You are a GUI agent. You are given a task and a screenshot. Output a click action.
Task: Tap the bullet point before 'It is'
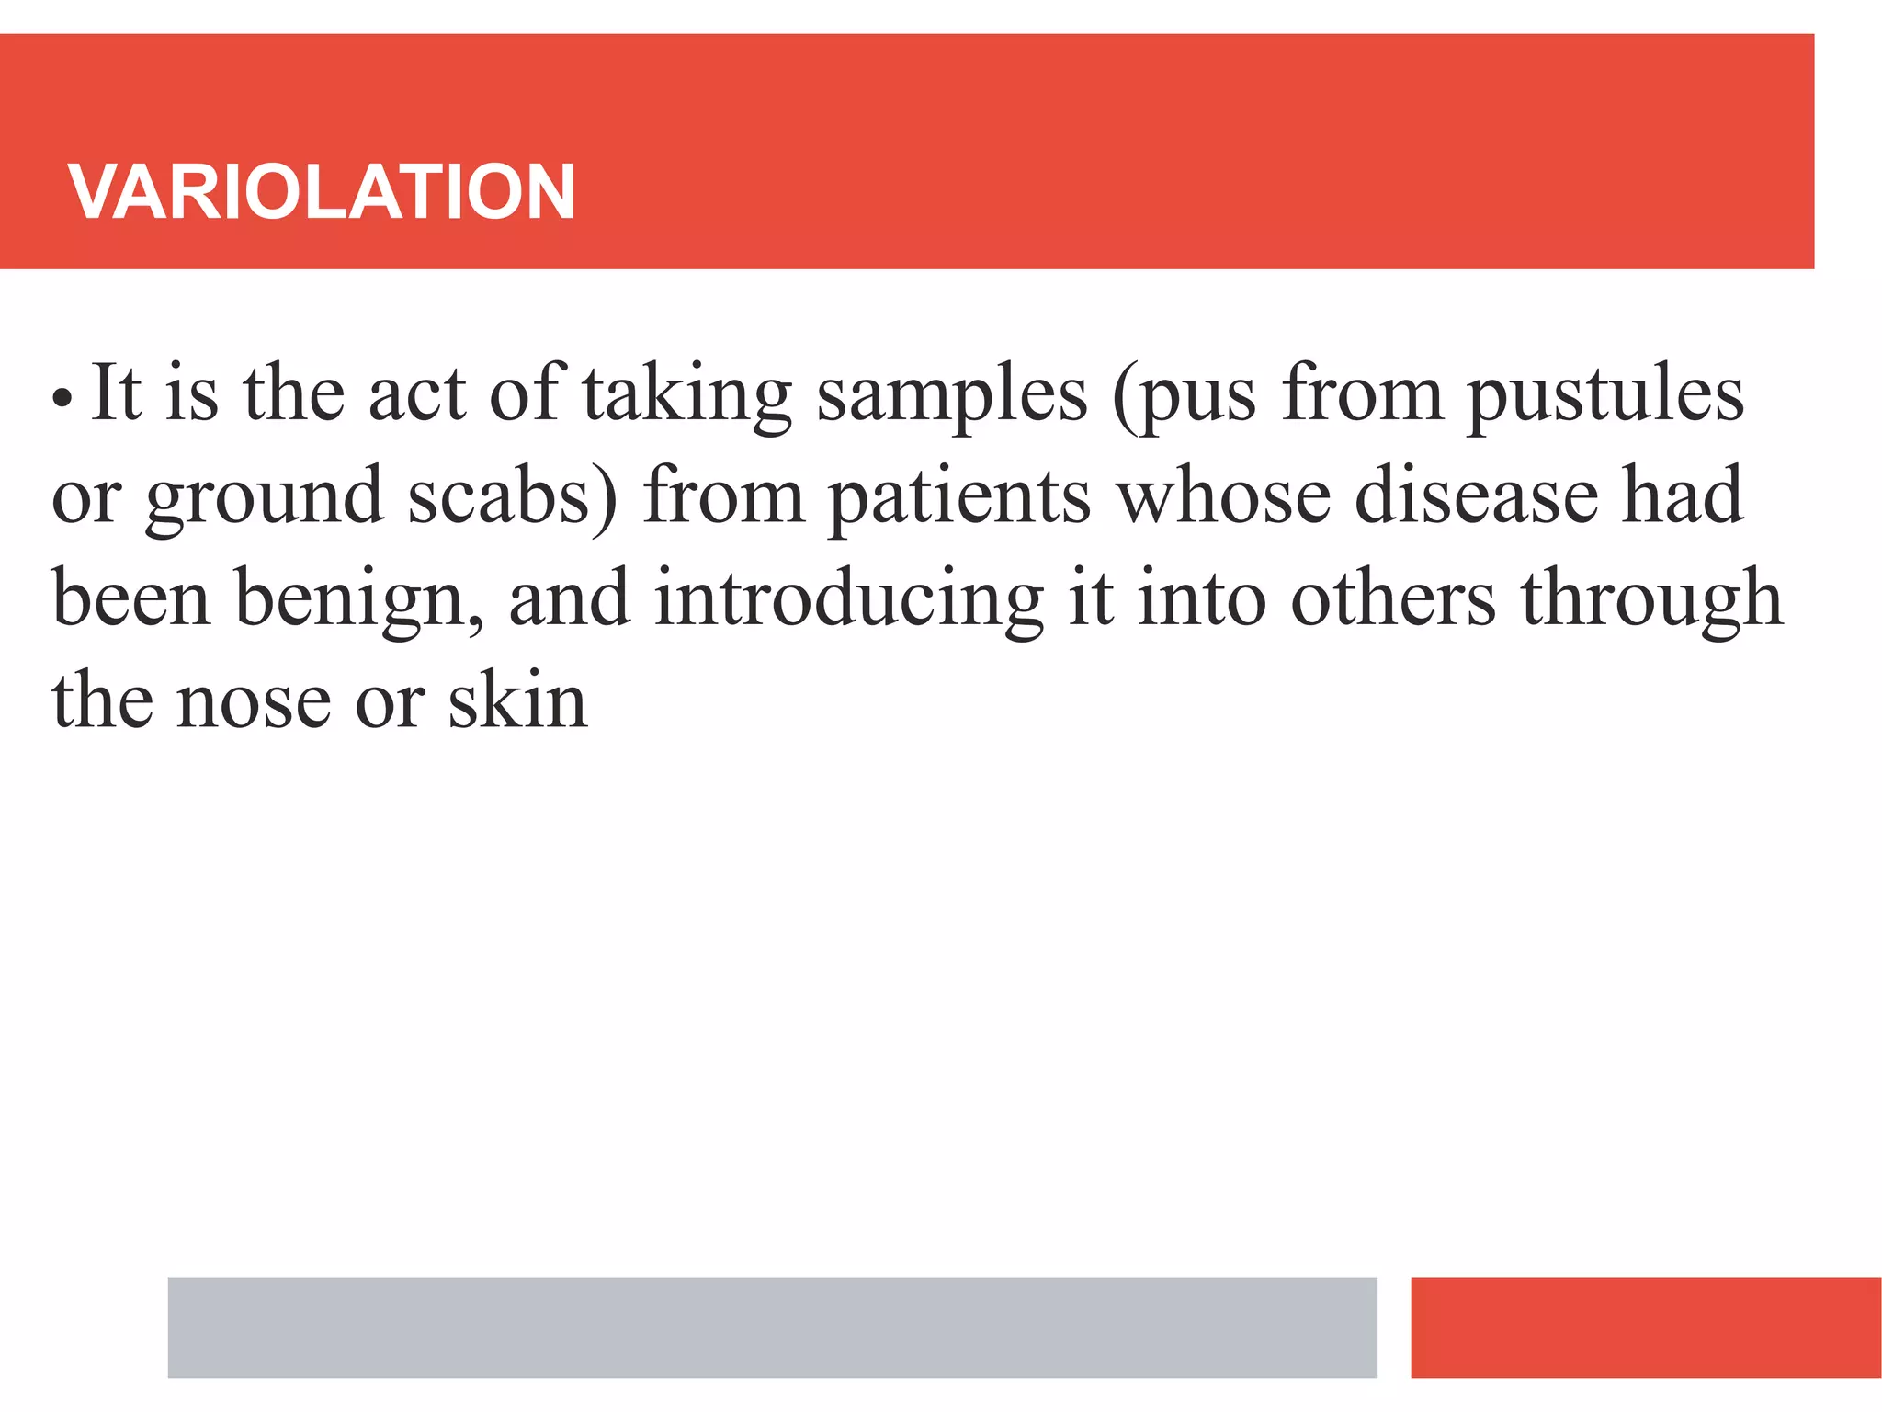pyautogui.click(x=62, y=399)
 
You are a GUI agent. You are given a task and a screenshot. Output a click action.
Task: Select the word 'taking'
pyautogui.click(x=686, y=394)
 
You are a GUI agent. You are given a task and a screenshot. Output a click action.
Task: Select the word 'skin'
pyautogui.click(x=517, y=700)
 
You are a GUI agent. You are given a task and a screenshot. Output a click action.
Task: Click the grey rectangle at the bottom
pyautogui.click(x=772, y=1327)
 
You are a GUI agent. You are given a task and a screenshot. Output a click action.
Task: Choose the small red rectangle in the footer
pyautogui.click(x=1645, y=1327)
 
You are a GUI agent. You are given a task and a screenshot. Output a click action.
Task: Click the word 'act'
pyautogui.click(x=417, y=395)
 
